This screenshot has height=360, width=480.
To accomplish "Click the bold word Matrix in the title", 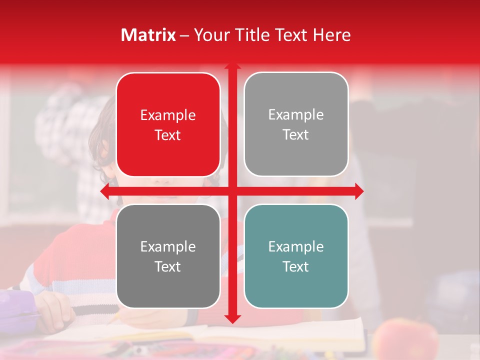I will click(148, 35).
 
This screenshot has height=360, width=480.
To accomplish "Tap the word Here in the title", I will click(331, 35).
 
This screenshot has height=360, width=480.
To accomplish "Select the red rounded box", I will click(168, 124).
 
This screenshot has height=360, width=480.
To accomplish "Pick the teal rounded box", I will click(295, 256).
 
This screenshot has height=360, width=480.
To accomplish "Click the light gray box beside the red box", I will click(295, 124).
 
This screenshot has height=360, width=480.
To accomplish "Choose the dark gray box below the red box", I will click(168, 256).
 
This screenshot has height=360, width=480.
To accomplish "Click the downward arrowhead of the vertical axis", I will click(232, 318).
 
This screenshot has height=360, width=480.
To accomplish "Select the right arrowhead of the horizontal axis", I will click(359, 191).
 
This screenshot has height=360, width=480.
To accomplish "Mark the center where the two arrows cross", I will click(232, 191).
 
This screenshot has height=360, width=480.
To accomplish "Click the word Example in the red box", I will click(168, 115).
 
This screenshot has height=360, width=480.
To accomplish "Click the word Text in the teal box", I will click(295, 267).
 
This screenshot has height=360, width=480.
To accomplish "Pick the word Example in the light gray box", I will click(295, 115).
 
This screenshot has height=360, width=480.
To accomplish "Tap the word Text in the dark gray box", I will click(168, 267).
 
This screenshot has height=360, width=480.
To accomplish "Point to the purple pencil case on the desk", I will click(17, 307).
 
